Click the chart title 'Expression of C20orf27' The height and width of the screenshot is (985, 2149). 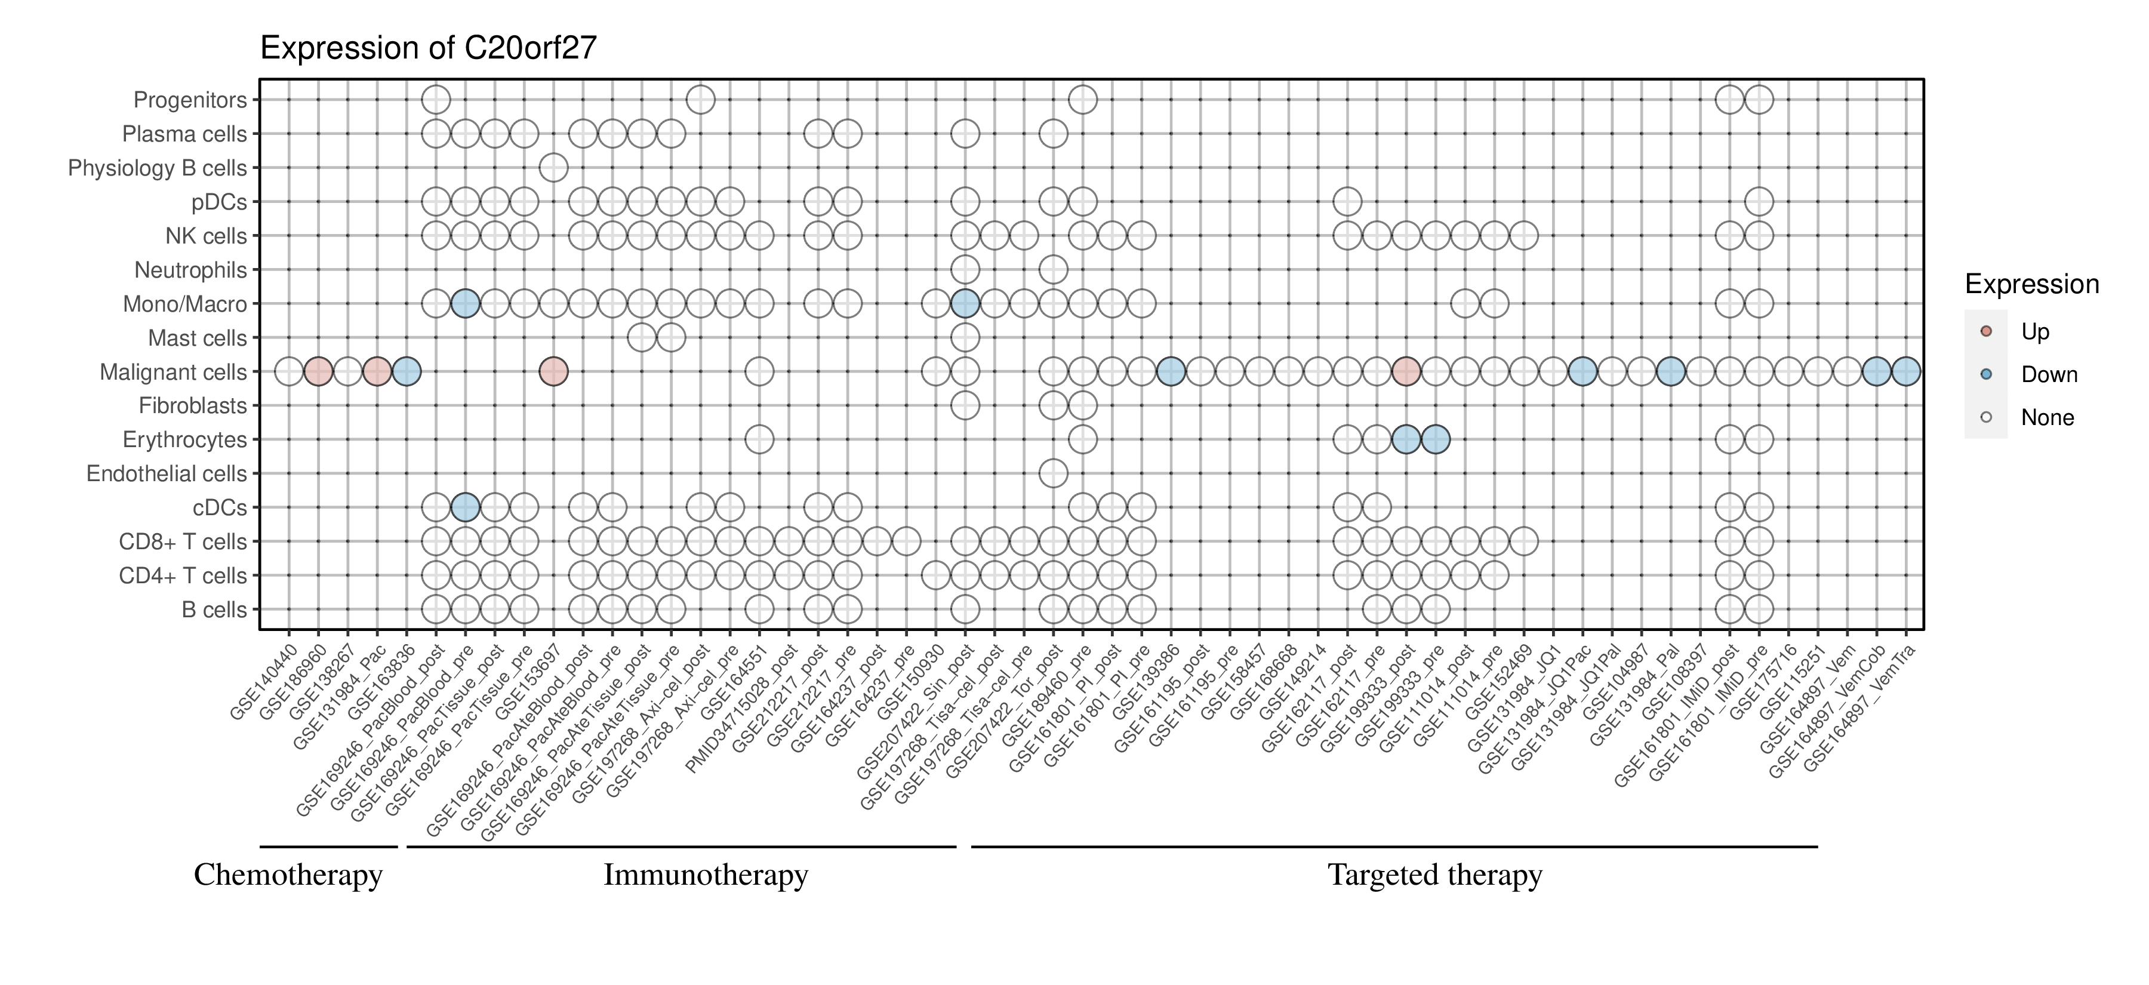429,48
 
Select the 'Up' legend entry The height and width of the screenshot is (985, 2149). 2036,332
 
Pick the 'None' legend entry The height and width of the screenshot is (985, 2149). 2048,418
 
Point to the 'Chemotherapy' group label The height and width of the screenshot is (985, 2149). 288,875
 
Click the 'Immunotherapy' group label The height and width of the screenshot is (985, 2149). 706,875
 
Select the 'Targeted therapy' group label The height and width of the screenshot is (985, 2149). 1435,875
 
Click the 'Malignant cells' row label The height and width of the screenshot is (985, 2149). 174,372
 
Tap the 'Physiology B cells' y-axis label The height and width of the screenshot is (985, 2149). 158,168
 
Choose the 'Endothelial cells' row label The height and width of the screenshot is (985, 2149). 167,474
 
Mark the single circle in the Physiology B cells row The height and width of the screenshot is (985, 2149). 553,168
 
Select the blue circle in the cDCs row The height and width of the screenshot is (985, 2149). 464,507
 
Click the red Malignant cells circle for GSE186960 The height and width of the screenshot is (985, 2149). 318,371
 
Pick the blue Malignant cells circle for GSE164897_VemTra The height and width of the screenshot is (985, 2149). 1905,371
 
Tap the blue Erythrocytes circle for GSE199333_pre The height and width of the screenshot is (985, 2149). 1435,439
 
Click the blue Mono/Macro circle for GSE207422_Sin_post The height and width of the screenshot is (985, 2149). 965,304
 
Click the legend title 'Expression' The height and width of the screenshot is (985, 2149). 2031,284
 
